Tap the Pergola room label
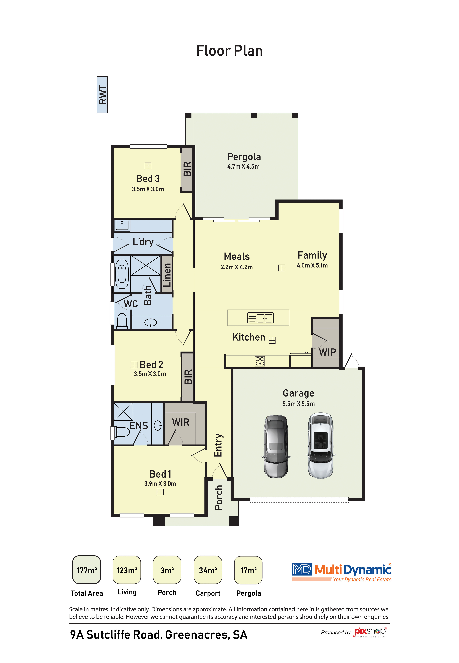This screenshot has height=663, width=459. pyautogui.click(x=244, y=157)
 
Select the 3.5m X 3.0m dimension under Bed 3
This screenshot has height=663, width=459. pyautogui.click(x=148, y=189)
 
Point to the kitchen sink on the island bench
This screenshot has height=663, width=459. pyautogui.click(x=261, y=318)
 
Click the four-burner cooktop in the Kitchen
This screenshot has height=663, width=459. pyautogui.click(x=260, y=361)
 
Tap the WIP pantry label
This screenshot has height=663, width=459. pyautogui.click(x=327, y=352)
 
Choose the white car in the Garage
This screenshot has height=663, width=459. pyautogui.click(x=320, y=445)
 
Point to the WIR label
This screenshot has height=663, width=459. pyautogui.click(x=181, y=422)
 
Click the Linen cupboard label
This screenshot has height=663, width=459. pyautogui.click(x=167, y=275)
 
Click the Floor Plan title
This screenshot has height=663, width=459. pyautogui.click(x=229, y=51)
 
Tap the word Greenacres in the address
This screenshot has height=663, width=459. pyautogui.click(x=198, y=635)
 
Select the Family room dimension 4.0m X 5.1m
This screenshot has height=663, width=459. pyautogui.click(x=312, y=265)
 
